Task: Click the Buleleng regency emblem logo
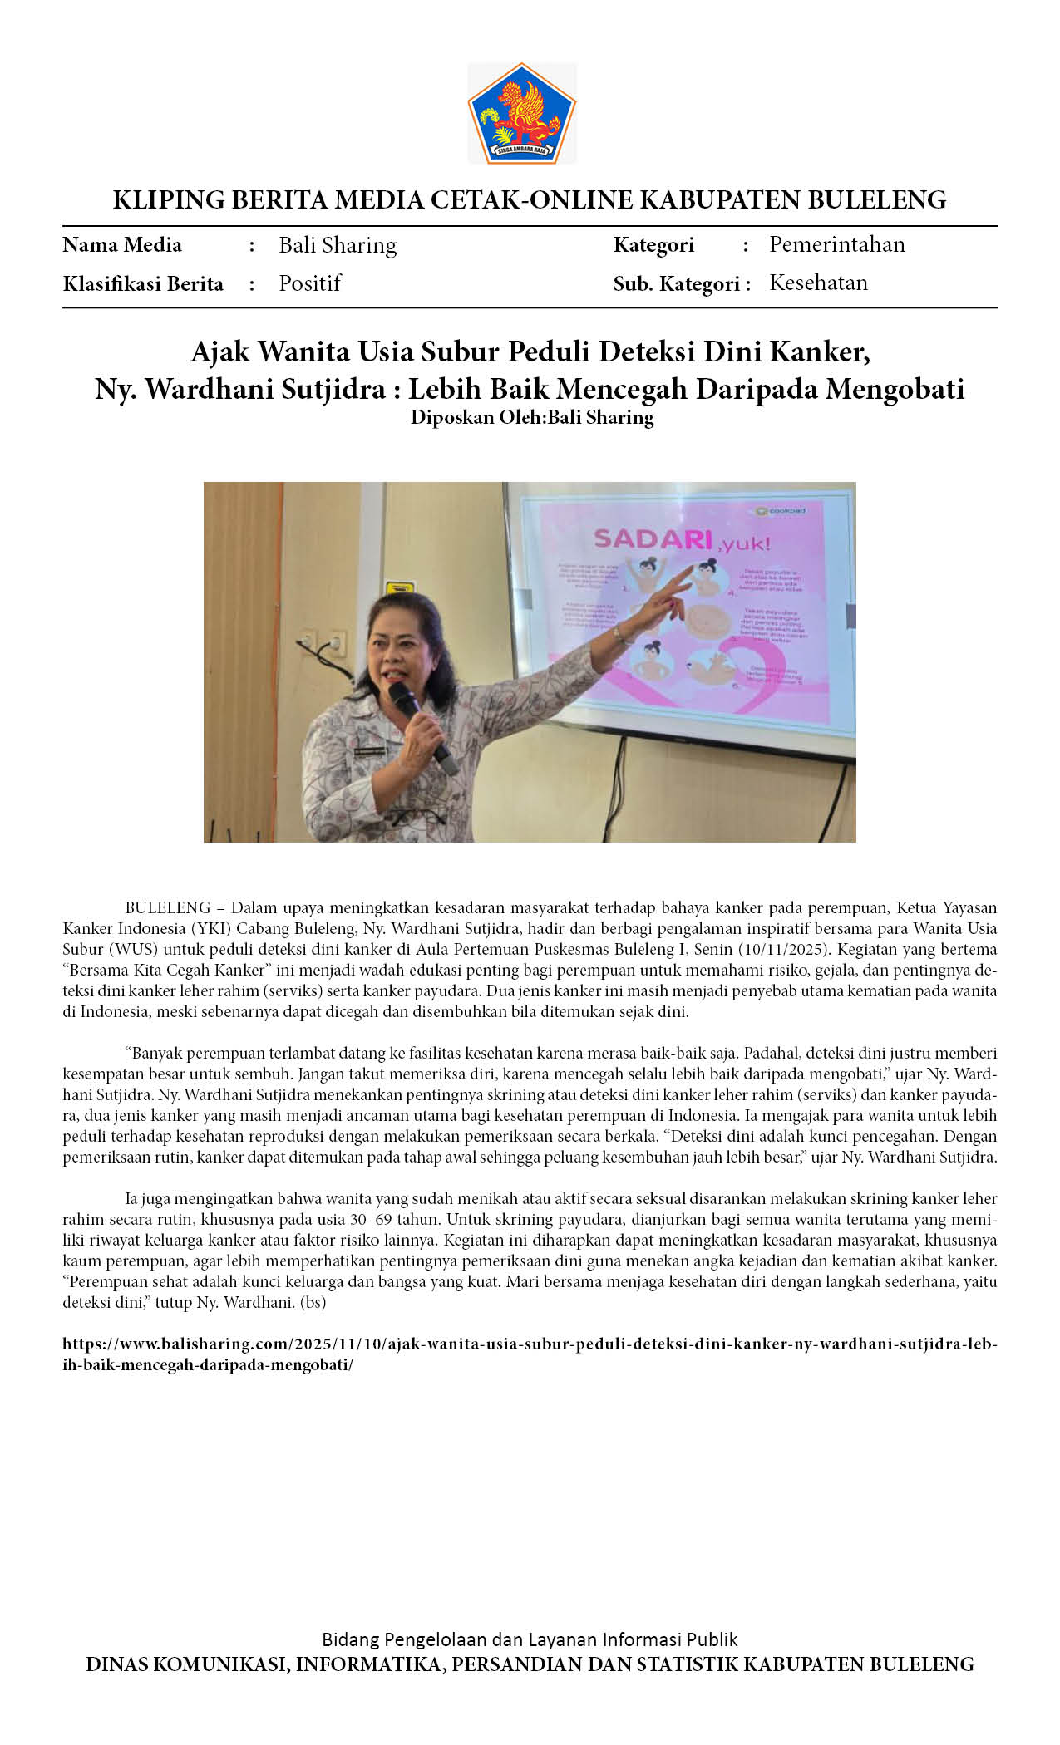pos(522,113)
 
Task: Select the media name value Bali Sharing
pos(338,245)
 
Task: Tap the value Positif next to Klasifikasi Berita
pos(309,283)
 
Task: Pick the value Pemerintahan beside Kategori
pos(836,244)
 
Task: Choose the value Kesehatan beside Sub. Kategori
pos(818,283)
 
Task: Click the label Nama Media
pos(122,245)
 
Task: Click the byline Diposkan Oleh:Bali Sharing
pos(532,417)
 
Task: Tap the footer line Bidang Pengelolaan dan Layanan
pos(530,1639)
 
